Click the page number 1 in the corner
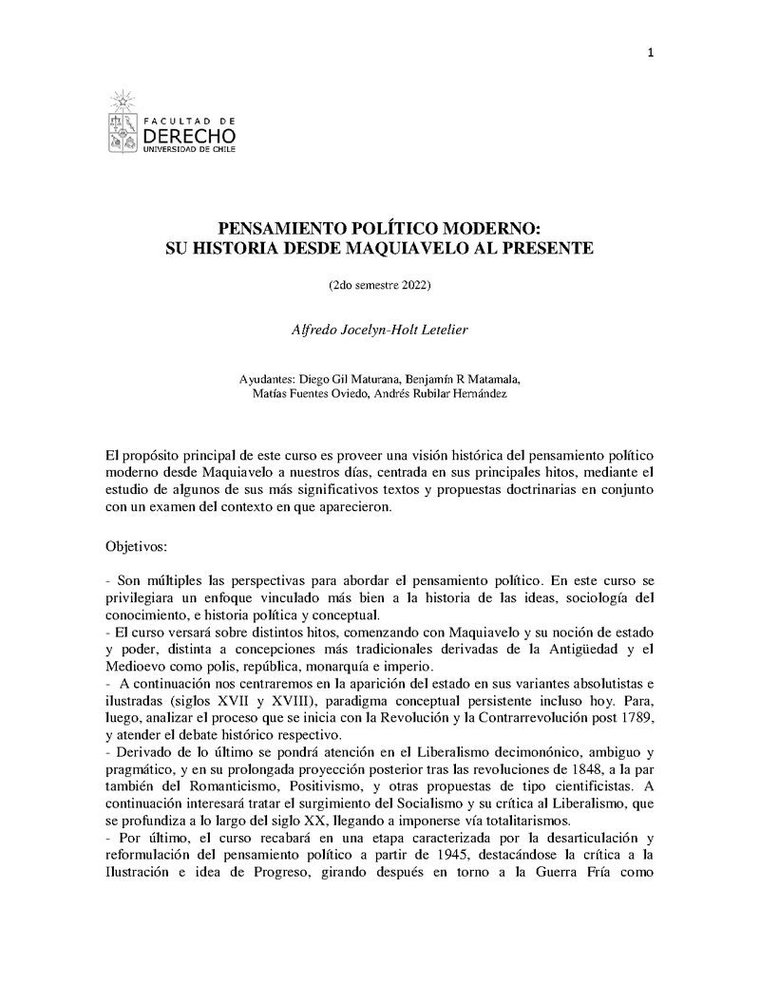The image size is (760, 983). pos(651,52)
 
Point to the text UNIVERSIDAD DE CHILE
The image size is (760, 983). pos(189,151)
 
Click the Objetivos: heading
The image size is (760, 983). pos(136,547)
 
